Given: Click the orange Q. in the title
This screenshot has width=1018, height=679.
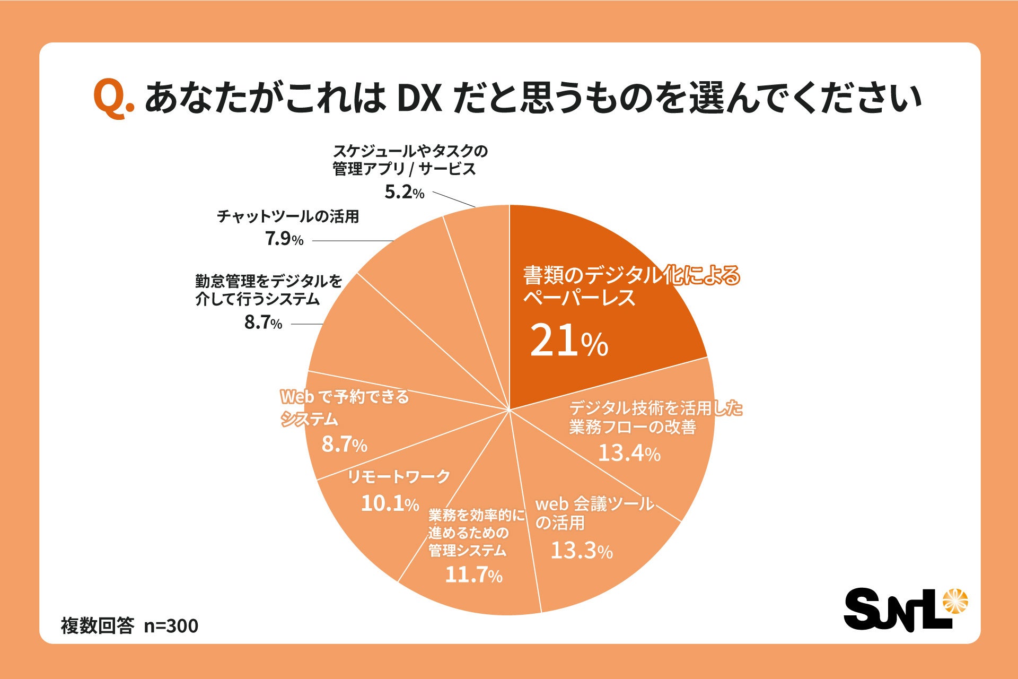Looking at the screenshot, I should pos(113,99).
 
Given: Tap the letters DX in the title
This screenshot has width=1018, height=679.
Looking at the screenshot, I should pos(419,99).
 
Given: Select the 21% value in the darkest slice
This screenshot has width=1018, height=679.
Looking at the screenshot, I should pos(568,341).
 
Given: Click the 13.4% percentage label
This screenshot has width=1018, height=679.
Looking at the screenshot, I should pos(629,453).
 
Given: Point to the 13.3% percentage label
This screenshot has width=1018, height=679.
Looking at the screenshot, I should pos(581,551).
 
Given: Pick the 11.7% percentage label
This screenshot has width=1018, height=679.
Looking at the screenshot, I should pos(473,575).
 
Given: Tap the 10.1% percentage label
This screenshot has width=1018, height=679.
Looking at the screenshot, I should pos(390,503).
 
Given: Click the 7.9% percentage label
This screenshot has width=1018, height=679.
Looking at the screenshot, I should pos(284,239).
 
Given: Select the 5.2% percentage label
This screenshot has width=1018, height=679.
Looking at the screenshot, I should pos(404,192).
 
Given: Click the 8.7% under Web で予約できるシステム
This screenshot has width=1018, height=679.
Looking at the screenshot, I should pos(344,445).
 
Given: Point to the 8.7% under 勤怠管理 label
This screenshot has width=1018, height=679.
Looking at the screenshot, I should pos(263,323).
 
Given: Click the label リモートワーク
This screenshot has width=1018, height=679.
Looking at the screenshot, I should pos(398,476).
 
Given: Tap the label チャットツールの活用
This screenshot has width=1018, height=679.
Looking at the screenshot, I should pos(288,216).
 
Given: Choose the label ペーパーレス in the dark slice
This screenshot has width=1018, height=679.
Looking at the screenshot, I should pos(579,298).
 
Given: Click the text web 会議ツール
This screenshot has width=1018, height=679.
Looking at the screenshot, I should pos(594,503).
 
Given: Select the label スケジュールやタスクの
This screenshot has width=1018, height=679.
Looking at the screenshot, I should pos(410,151).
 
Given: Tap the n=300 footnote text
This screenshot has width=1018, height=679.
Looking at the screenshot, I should pos(171,626).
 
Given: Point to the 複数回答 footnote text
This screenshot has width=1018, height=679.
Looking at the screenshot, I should pos(98,626).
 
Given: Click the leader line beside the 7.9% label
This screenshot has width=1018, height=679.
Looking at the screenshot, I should pos(353,241).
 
